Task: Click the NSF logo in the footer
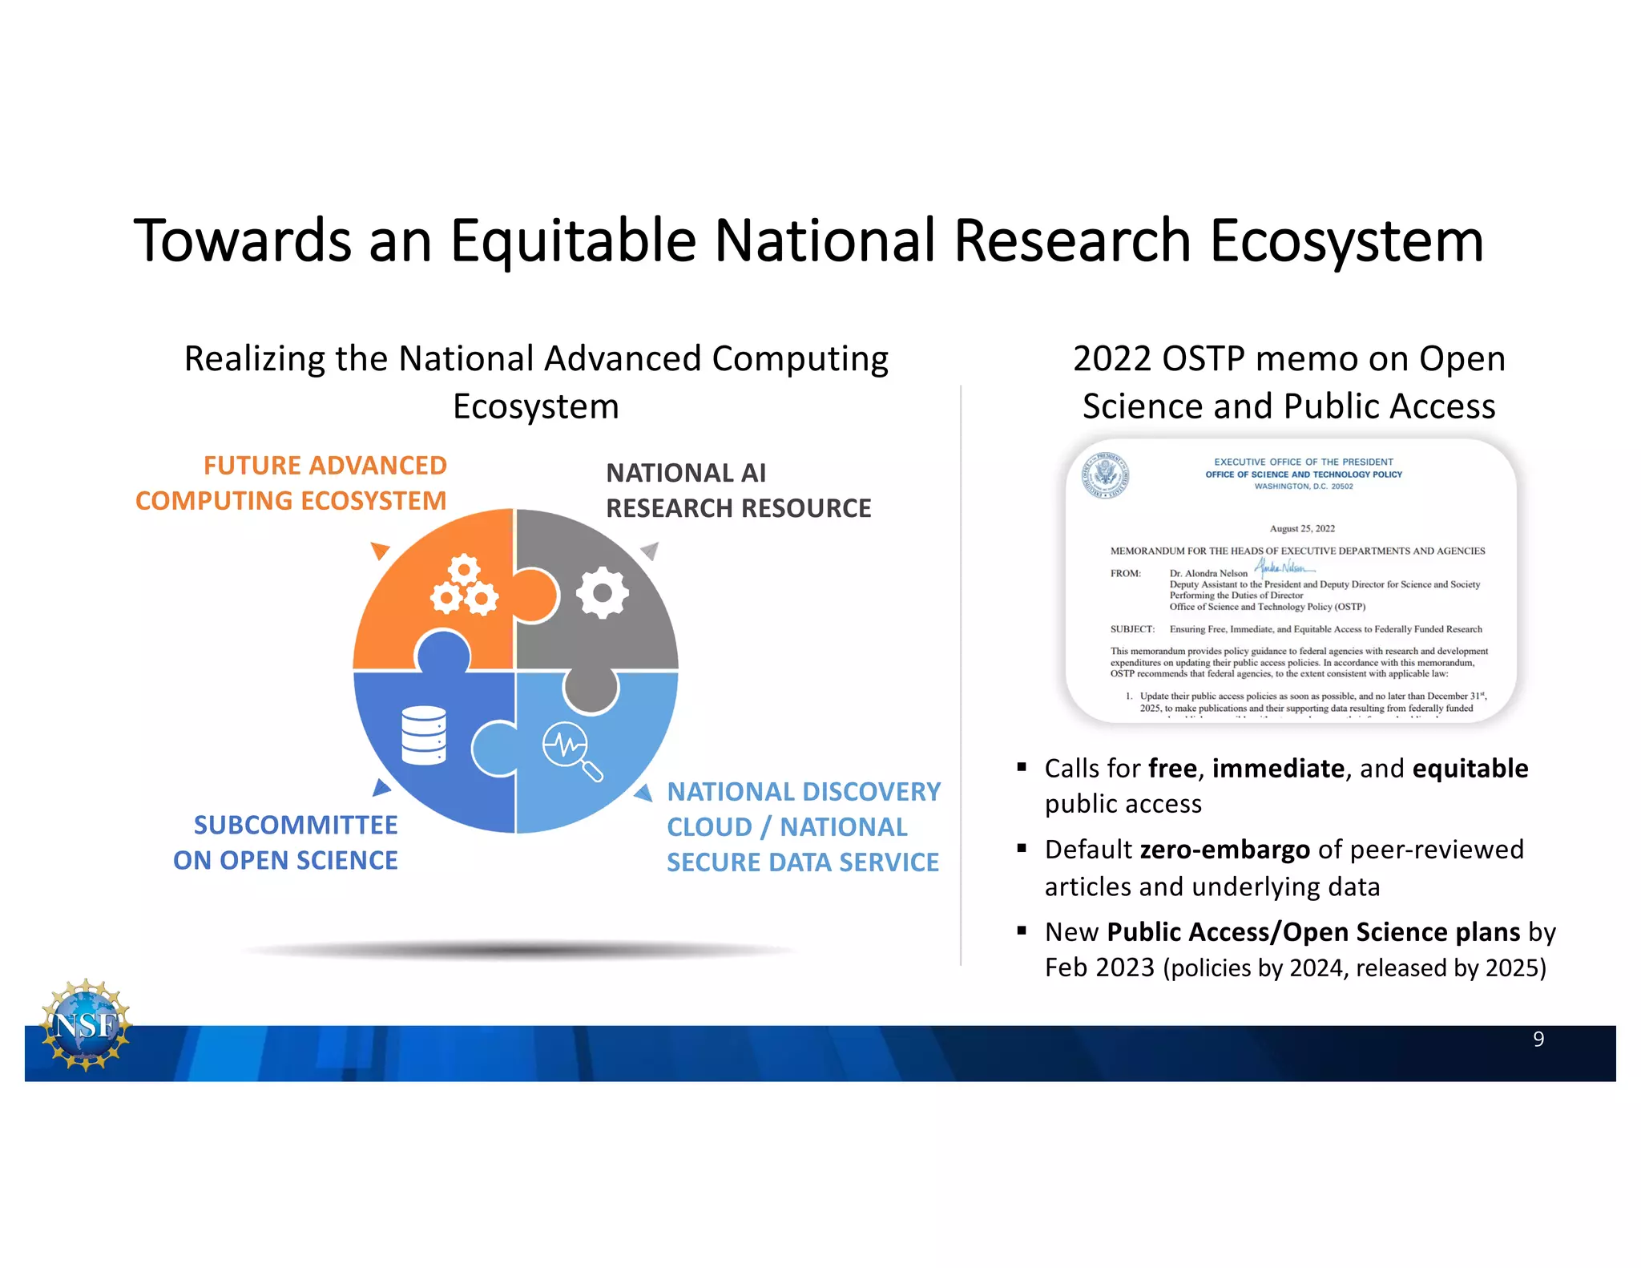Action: click(x=86, y=1024)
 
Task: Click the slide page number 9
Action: click(x=1538, y=1039)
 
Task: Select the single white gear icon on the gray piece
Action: click(x=602, y=593)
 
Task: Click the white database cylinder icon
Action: click(x=424, y=736)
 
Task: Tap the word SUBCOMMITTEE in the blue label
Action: click(x=296, y=825)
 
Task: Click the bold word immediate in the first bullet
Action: click(x=1278, y=768)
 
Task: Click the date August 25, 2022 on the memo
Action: click(x=1302, y=528)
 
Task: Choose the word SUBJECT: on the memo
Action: click(x=1132, y=629)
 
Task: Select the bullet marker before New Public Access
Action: click(x=1022, y=930)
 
